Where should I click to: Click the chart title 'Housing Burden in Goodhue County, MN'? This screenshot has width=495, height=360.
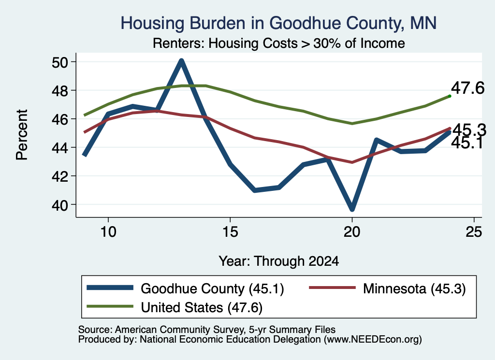click(278, 23)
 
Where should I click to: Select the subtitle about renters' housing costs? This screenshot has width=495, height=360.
click(279, 43)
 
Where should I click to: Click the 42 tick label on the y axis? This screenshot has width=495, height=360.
click(60, 176)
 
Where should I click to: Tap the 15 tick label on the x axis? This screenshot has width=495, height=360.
click(230, 232)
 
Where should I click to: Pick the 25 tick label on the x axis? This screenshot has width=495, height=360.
click(474, 232)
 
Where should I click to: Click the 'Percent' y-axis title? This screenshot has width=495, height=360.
click(22, 135)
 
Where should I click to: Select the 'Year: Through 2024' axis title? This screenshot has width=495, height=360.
click(279, 261)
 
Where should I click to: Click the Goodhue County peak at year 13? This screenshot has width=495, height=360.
click(181, 61)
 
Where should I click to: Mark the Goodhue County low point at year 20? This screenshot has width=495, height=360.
click(352, 209)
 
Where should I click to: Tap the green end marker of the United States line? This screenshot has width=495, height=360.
click(450, 96)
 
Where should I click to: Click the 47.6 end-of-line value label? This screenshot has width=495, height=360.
click(467, 88)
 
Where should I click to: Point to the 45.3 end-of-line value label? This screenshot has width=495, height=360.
click(469, 130)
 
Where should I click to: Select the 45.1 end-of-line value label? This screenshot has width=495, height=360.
click(467, 143)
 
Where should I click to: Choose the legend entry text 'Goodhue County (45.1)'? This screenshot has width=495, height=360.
click(213, 288)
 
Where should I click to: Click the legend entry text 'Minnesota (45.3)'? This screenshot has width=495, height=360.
click(414, 288)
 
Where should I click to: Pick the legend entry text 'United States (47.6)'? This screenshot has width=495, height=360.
click(202, 307)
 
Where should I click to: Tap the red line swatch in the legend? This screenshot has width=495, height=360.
click(333, 288)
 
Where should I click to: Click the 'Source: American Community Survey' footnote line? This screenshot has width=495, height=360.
click(207, 330)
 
